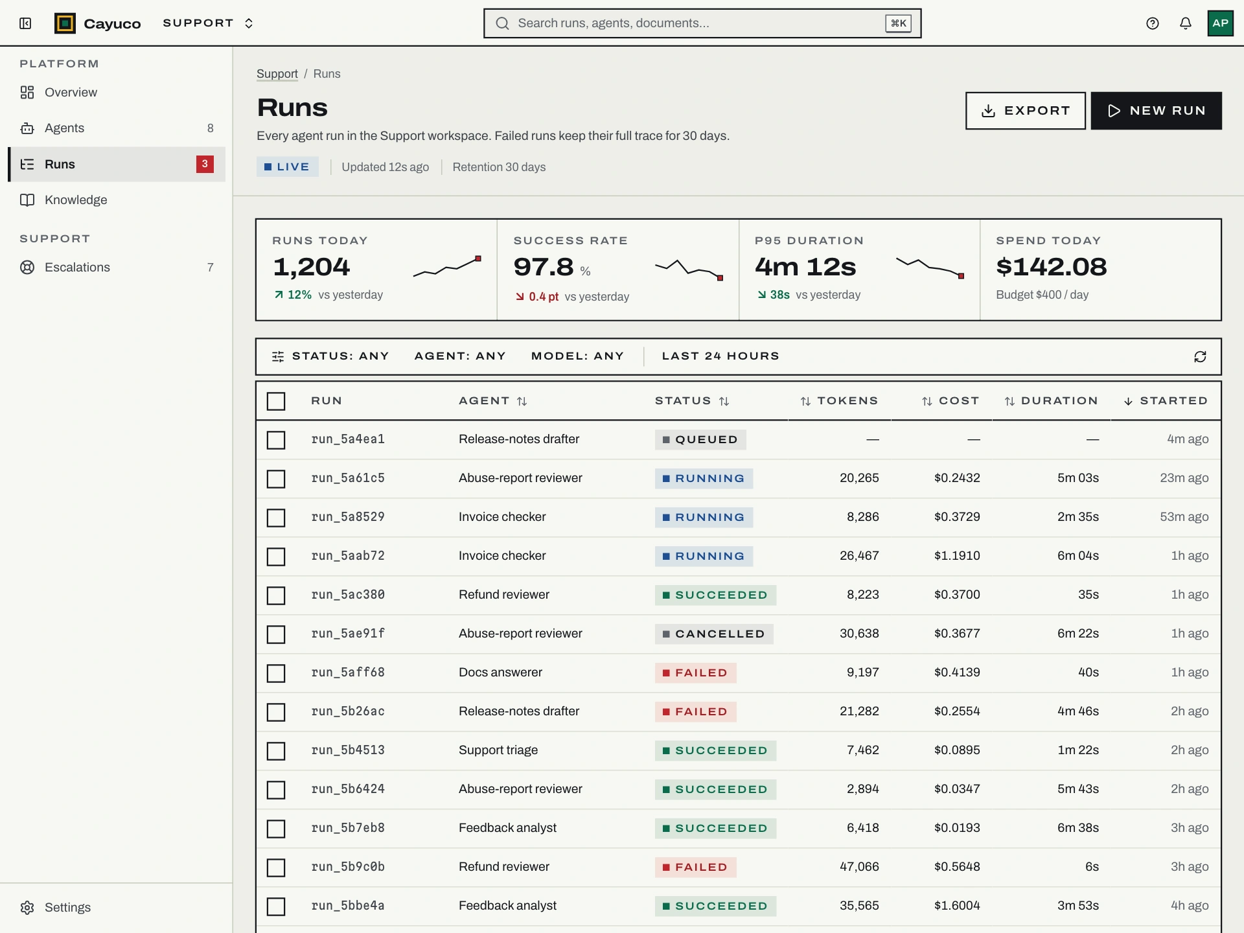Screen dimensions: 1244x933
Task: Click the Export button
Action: (1025, 111)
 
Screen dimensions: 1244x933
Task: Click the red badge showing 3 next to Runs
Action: (205, 164)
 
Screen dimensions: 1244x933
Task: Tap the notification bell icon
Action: (1185, 23)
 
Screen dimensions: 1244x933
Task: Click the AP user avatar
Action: (1220, 23)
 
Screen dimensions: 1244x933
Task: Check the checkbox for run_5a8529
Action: (276, 518)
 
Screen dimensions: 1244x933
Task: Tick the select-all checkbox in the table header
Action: (276, 401)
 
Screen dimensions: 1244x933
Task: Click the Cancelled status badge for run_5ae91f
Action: (714, 634)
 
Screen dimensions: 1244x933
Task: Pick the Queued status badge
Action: (700, 439)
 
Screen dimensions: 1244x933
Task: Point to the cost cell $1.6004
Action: (957, 906)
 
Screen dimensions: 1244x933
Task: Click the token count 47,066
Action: (859, 867)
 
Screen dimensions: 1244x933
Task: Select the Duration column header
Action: (1052, 401)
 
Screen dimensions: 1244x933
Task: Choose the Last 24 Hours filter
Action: (720, 356)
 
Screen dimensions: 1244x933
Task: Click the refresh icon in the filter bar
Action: (1200, 357)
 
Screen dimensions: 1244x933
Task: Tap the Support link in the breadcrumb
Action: (277, 74)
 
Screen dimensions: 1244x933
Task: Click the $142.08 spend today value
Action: (1052, 267)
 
